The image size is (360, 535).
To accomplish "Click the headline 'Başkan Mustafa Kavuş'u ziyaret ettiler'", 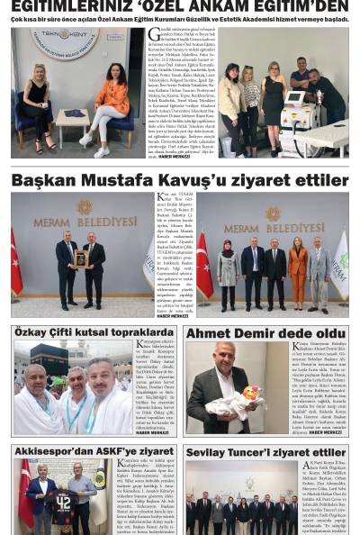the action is coord(179,181).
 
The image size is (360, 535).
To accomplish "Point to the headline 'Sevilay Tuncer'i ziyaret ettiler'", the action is coord(265,452).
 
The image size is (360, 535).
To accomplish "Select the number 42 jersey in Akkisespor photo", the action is coord(64,503).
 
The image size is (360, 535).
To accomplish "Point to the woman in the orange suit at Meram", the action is coord(296,266).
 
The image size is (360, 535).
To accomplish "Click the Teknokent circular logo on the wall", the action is coord(64,44).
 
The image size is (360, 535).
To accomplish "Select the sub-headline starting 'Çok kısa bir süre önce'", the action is coord(179,19).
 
